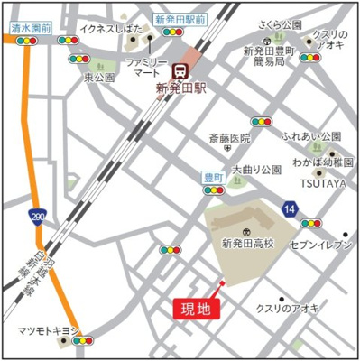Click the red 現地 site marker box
pyautogui.click(x=196, y=309)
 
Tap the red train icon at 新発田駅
pyautogui.click(x=180, y=70)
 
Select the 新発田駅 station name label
pyautogui.click(x=180, y=88)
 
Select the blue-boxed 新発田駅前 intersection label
pyautogui.click(x=180, y=18)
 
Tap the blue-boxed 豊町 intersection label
pyautogui.click(x=214, y=178)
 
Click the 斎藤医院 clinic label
pyautogui.click(x=229, y=138)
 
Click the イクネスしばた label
pyautogui.click(x=110, y=29)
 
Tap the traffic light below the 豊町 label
pyautogui.click(x=214, y=191)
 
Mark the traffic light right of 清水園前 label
pyautogui.click(x=67, y=41)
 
